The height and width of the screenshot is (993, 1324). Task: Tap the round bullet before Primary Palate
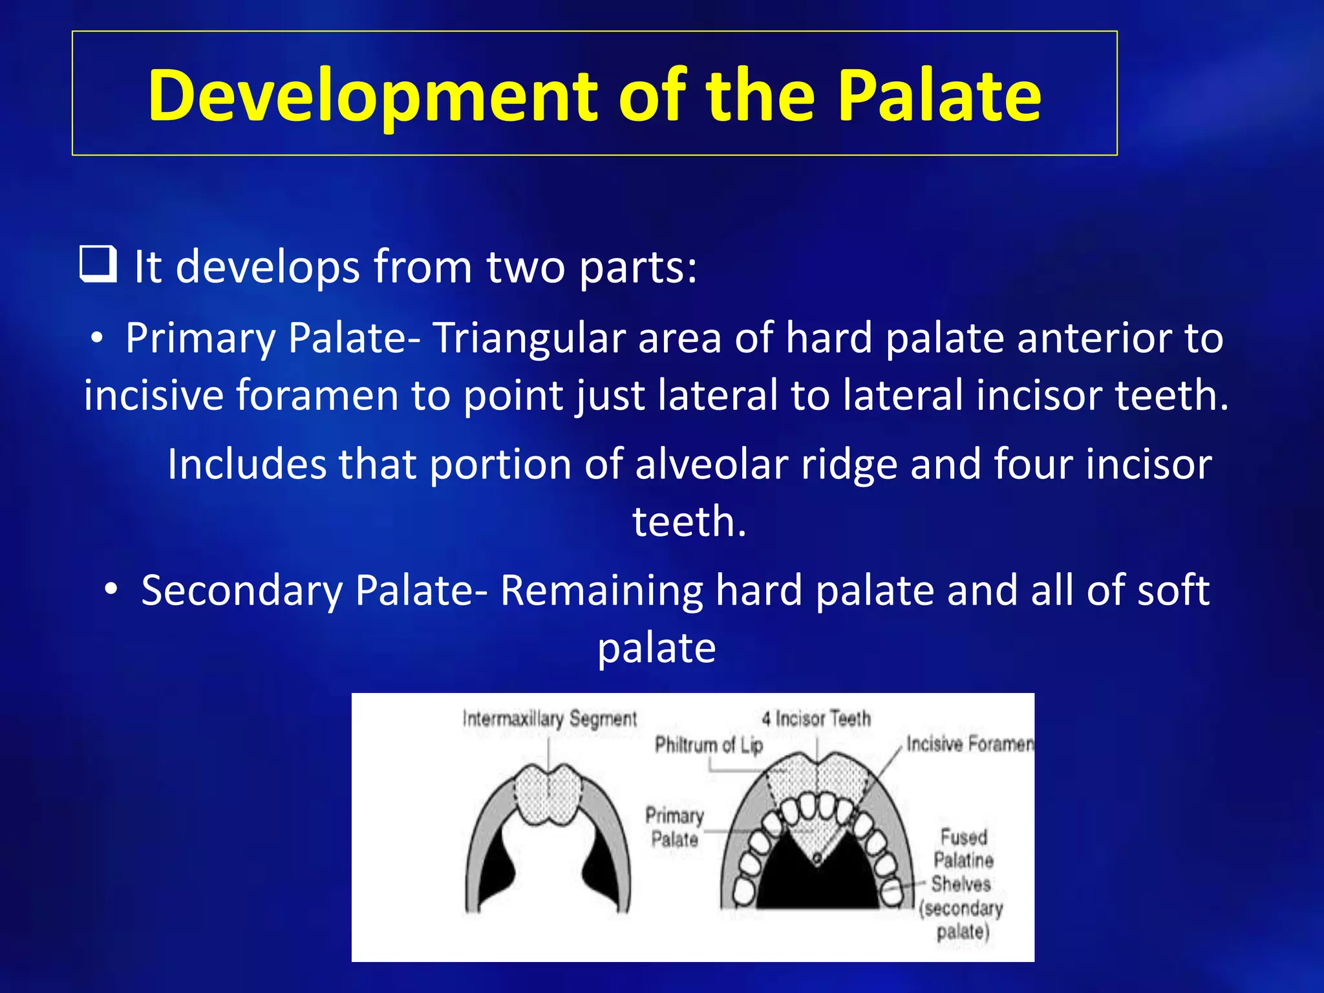[97, 338]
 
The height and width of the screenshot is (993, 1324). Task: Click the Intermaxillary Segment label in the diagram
[550, 719]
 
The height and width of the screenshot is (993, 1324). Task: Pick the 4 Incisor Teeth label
[816, 718]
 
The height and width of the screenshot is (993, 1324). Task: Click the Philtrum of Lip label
[709, 745]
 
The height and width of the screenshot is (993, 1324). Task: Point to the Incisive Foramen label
[968, 744]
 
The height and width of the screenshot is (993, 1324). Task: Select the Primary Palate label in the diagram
[674, 827]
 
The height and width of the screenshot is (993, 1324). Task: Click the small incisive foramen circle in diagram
[817, 858]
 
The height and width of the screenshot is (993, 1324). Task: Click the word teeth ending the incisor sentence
[689, 521]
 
